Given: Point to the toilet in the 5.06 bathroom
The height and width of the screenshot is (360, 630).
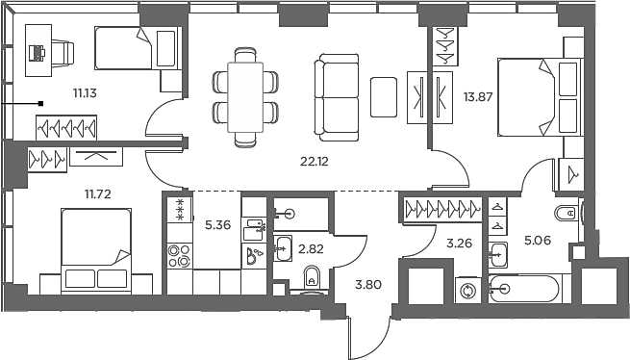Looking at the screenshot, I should point(567,213).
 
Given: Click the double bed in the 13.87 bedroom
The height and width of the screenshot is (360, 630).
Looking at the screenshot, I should point(540,96).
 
